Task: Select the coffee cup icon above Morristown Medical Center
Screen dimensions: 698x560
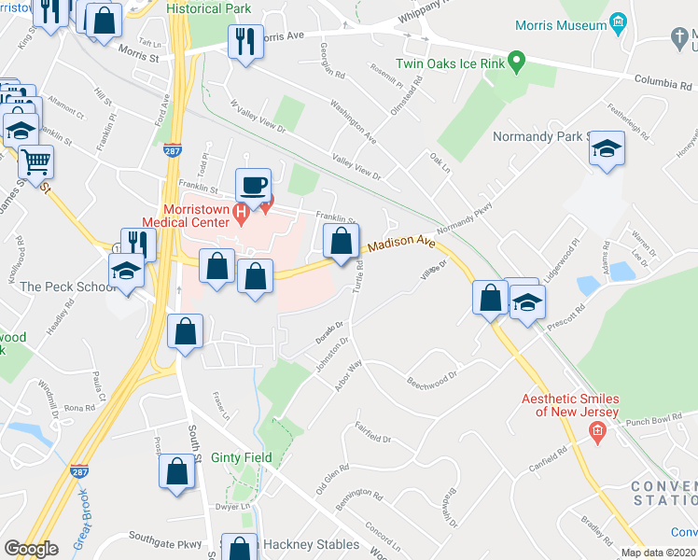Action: pyautogui.click(x=252, y=184)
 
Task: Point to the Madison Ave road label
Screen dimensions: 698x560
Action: pyautogui.click(x=401, y=245)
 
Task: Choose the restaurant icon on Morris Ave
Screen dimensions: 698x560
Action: pyautogui.click(x=244, y=42)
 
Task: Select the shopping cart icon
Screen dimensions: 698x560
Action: pyautogui.click(x=35, y=161)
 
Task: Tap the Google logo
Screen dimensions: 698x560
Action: pyautogui.click(x=31, y=549)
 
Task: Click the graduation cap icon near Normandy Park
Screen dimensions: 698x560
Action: pyautogui.click(x=607, y=149)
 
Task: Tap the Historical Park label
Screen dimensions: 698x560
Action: pyautogui.click(x=208, y=7)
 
